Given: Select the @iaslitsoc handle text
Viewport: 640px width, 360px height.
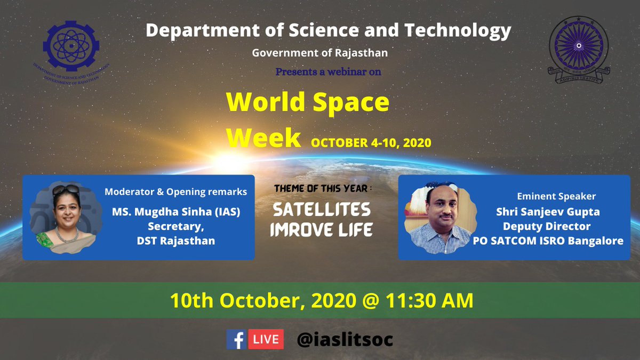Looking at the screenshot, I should [345, 339].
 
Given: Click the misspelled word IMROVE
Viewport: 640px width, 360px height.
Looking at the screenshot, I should [297, 230].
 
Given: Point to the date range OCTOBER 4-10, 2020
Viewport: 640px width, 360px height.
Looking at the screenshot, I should [371, 143].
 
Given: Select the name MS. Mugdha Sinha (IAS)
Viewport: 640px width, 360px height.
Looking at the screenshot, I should [176, 212].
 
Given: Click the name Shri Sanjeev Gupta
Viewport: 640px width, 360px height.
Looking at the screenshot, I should [548, 212].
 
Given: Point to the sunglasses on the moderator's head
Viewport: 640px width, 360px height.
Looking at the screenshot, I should [66, 189].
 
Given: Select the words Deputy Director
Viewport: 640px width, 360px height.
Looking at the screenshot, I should [548, 226].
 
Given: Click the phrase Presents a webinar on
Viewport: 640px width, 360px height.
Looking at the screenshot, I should [328, 71].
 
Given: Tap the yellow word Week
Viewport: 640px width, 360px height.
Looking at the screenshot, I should [263, 138].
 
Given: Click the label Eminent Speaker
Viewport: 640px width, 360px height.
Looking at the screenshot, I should [556, 196].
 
